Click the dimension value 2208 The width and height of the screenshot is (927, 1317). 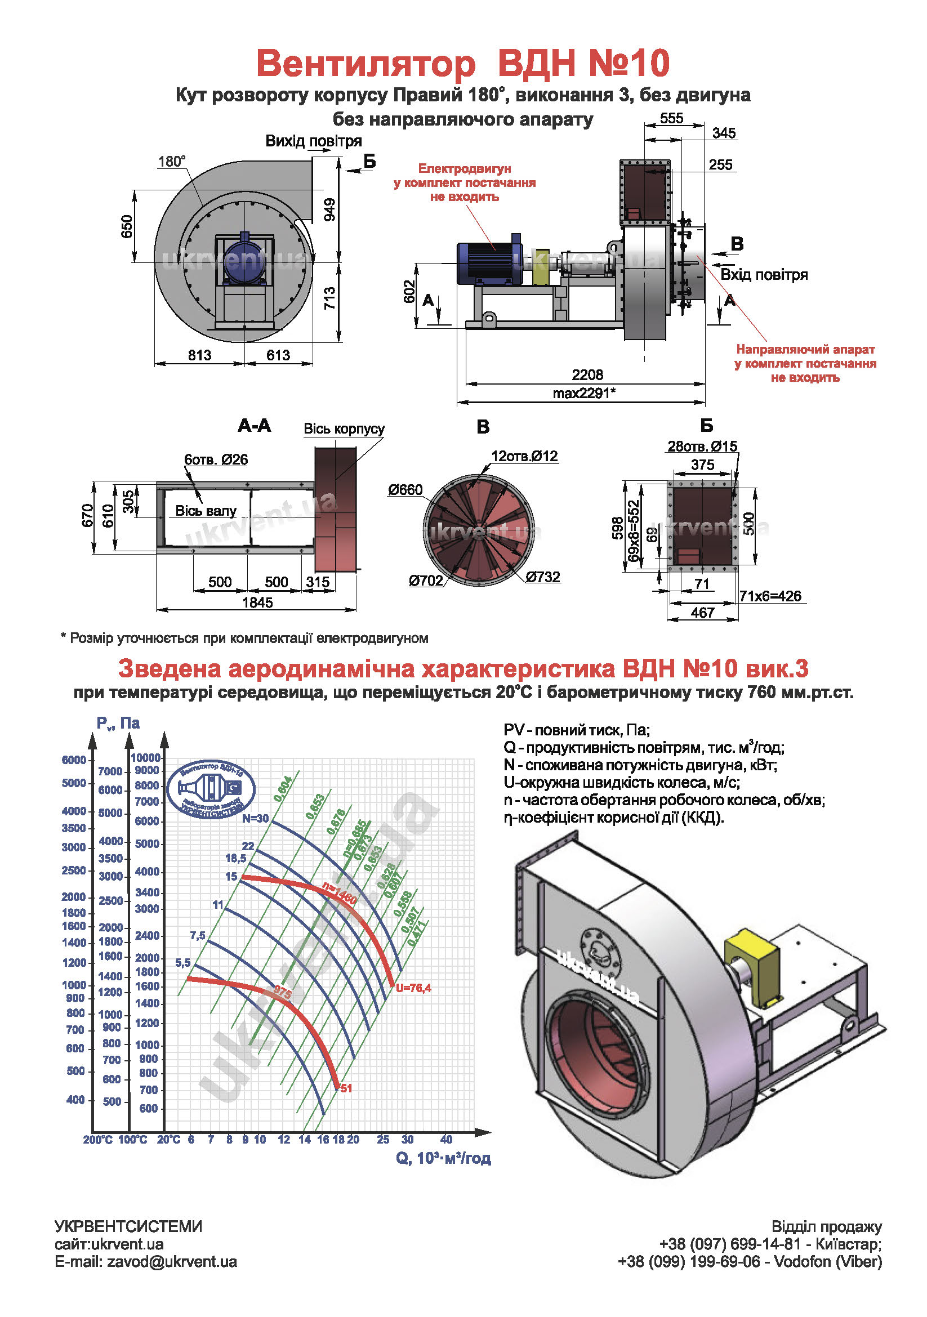(587, 374)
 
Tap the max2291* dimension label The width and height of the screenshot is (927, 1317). (584, 393)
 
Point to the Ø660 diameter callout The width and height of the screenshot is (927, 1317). (405, 490)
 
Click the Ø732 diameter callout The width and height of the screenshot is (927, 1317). (543, 577)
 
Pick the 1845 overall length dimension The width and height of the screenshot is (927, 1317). (257, 602)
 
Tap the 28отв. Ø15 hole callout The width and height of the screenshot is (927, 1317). (702, 447)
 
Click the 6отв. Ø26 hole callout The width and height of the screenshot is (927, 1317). (216, 459)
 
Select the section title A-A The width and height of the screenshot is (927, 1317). (254, 426)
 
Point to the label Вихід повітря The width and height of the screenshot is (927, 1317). (313, 141)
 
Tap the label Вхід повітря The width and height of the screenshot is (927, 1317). (764, 275)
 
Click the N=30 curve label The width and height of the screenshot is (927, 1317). (255, 819)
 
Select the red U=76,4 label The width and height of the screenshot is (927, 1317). (413, 988)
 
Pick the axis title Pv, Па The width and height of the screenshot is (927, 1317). (118, 724)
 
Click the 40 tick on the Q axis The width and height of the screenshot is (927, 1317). (446, 1139)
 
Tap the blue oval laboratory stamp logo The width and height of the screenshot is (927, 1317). (211, 789)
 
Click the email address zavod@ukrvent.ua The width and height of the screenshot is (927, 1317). (172, 1262)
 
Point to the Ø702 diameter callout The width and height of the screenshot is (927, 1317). (426, 581)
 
